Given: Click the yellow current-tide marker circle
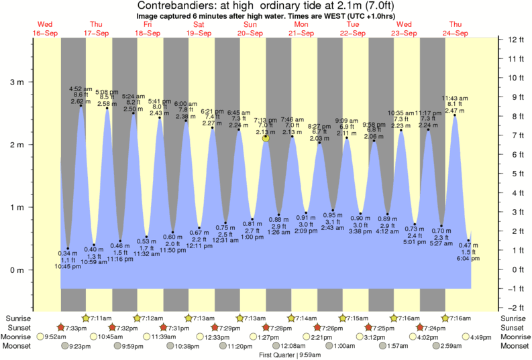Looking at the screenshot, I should pyautogui.click(x=266, y=138).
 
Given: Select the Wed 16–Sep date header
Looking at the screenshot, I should pyautogui.click(x=46, y=28).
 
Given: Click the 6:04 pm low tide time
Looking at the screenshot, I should pyautogui.click(x=468, y=258).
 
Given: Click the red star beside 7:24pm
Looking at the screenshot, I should pyautogui.click(x=422, y=327).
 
